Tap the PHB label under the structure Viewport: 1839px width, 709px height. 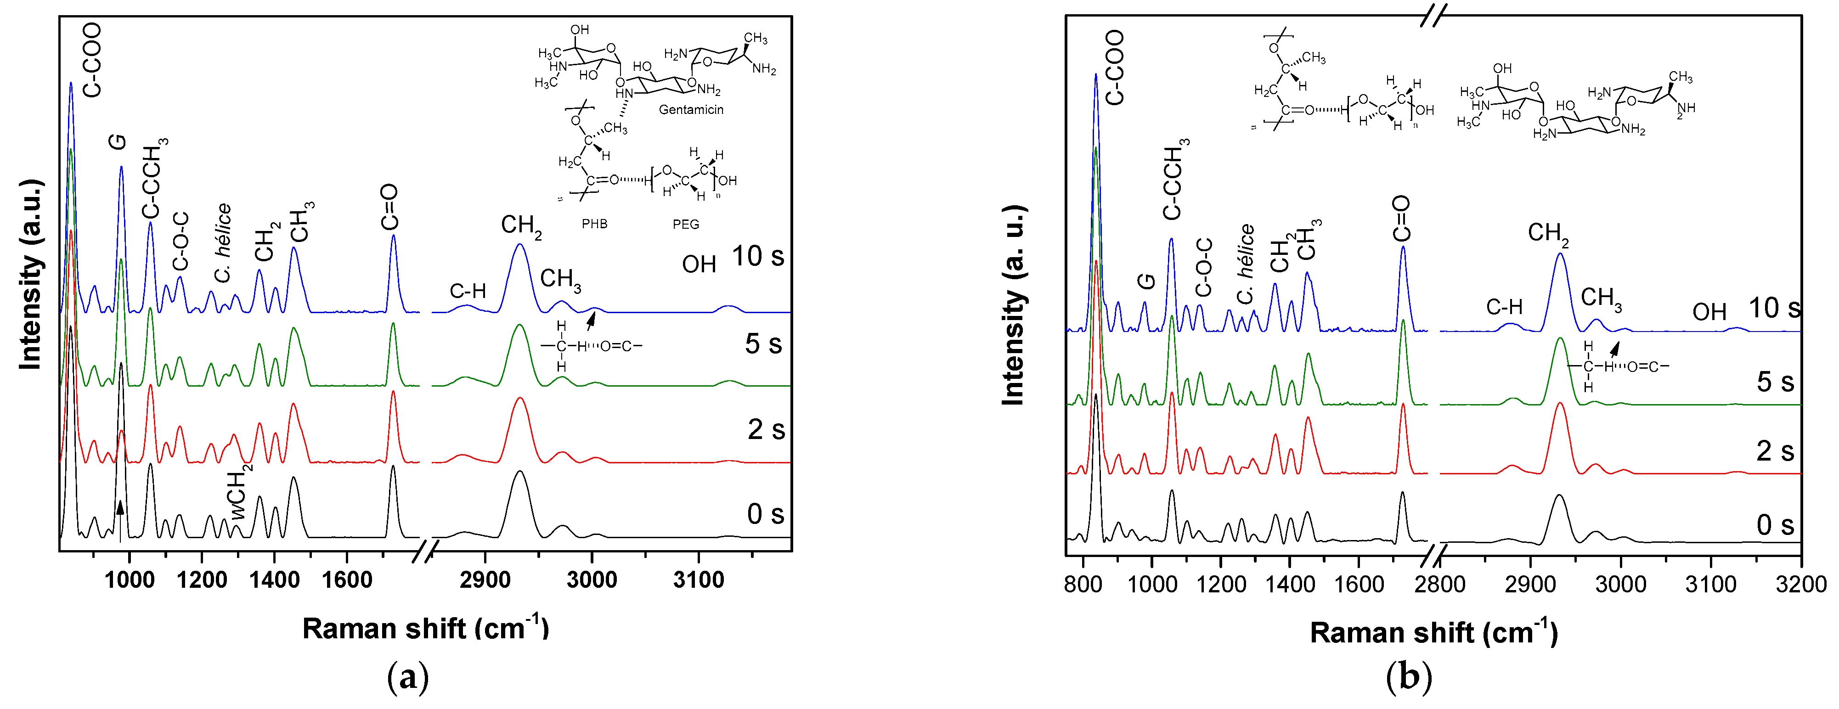pos(594,224)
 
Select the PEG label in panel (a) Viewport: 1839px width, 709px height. pos(685,224)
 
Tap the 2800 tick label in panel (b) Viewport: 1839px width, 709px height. pos(1439,584)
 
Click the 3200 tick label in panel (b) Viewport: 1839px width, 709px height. pos(1800,584)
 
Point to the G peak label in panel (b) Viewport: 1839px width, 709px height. pos(1146,281)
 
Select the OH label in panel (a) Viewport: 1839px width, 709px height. pos(699,265)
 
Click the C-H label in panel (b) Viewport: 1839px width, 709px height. pos(1504,308)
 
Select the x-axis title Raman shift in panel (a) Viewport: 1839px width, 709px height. pos(425,628)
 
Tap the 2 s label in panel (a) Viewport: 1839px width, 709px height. pos(765,430)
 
